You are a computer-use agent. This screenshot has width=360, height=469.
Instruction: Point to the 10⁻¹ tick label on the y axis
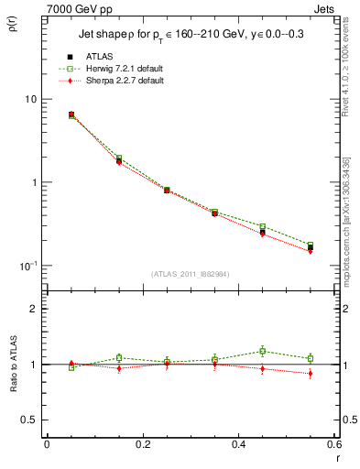[x=27, y=266]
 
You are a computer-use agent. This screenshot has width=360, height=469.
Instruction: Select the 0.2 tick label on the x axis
[x=142, y=444]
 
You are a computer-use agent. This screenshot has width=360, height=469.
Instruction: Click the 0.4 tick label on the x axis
[x=239, y=444]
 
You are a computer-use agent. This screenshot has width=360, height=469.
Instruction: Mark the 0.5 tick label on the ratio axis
[x=28, y=420]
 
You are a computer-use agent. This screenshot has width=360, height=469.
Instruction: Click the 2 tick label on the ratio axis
[x=33, y=309]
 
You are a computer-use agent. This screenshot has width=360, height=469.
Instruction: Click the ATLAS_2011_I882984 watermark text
[x=191, y=274]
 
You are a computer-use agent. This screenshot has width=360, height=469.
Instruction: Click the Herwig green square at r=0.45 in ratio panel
[x=263, y=351]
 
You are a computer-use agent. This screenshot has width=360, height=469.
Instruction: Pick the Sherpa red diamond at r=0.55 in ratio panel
[x=311, y=373]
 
